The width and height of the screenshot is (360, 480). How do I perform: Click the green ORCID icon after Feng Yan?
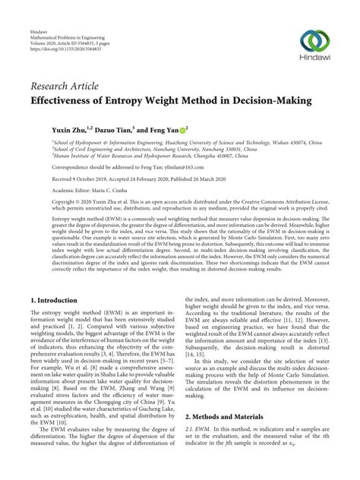click(183, 131)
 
